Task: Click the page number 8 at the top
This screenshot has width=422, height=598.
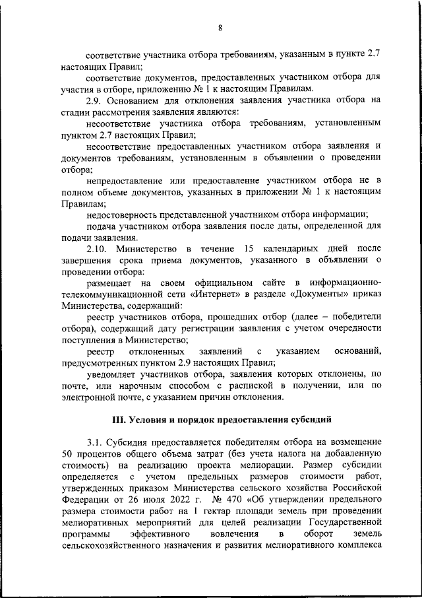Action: click(x=220, y=27)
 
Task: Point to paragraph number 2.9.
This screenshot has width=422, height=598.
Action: click(x=96, y=100)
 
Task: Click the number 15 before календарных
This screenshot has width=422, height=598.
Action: click(x=249, y=249)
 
